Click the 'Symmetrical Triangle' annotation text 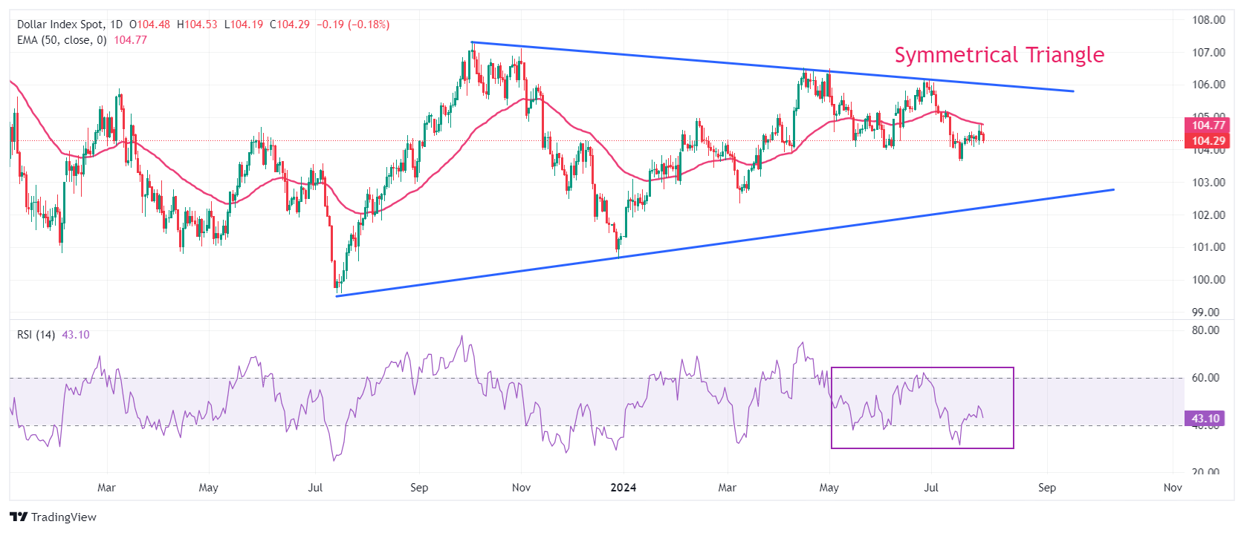pos(999,55)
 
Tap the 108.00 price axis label pos(1208,20)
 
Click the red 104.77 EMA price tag pos(1208,125)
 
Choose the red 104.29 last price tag pos(1208,141)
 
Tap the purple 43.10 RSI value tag pos(1205,419)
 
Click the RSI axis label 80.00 pos(1205,330)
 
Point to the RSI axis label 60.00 pos(1205,378)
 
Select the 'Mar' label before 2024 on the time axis pos(106,488)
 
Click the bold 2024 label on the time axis pos(623,488)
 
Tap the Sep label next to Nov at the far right pos(1046,488)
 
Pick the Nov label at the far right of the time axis pos(1173,488)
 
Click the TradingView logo pos(54,517)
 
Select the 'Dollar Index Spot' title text pos(60,24)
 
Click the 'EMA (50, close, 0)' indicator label pos(62,40)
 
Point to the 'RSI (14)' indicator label pos(36,335)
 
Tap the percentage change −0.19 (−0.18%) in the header pos(353,24)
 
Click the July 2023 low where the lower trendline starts pos(337,290)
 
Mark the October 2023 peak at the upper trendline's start pos(472,45)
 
